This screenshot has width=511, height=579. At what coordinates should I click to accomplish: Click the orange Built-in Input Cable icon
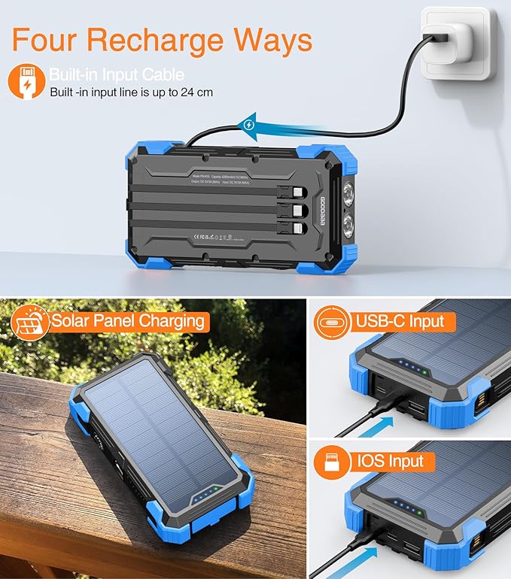tap(26, 82)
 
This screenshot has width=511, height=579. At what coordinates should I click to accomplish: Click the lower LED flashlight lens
tap(349, 226)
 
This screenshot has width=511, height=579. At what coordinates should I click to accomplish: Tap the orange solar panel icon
tap(28, 321)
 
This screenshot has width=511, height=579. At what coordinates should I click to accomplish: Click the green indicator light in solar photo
tap(214, 489)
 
